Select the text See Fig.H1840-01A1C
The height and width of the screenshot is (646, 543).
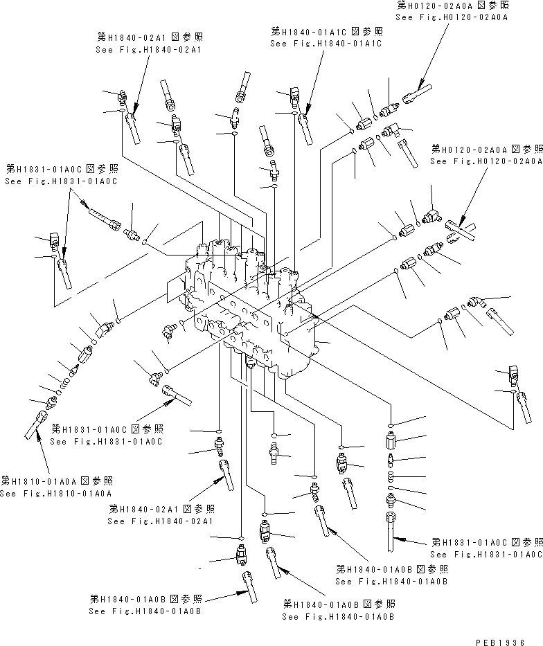326,43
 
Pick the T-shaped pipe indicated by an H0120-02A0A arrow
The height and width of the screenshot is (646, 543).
461,232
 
